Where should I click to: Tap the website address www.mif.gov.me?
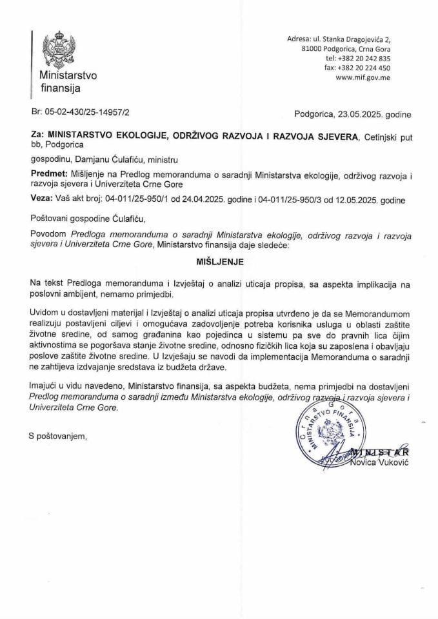(x=363, y=77)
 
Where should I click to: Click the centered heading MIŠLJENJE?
(x=219, y=262)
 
